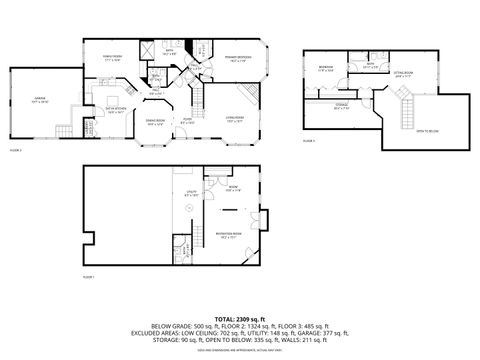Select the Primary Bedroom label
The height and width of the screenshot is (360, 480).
point(237,59)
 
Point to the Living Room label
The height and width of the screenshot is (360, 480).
point(237,121)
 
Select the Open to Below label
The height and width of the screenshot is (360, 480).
point(426,130)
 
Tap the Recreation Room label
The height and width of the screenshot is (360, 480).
point(232,236)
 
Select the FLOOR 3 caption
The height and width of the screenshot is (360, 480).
point(308,142)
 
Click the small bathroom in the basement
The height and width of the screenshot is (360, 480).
point(181,250)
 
